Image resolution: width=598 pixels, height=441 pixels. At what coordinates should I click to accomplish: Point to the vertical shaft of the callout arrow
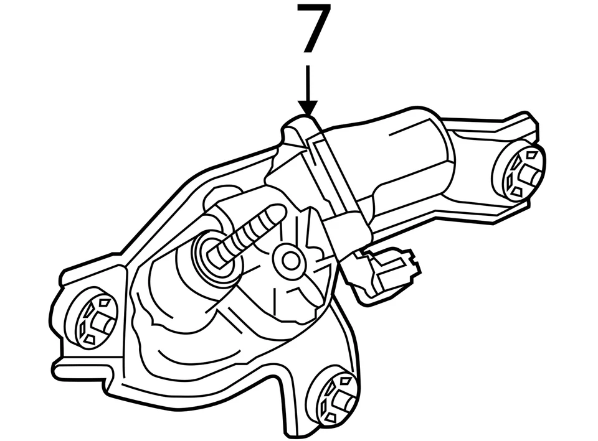pos(307,81)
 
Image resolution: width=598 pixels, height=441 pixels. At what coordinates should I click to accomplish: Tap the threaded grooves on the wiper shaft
pos(246,235)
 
